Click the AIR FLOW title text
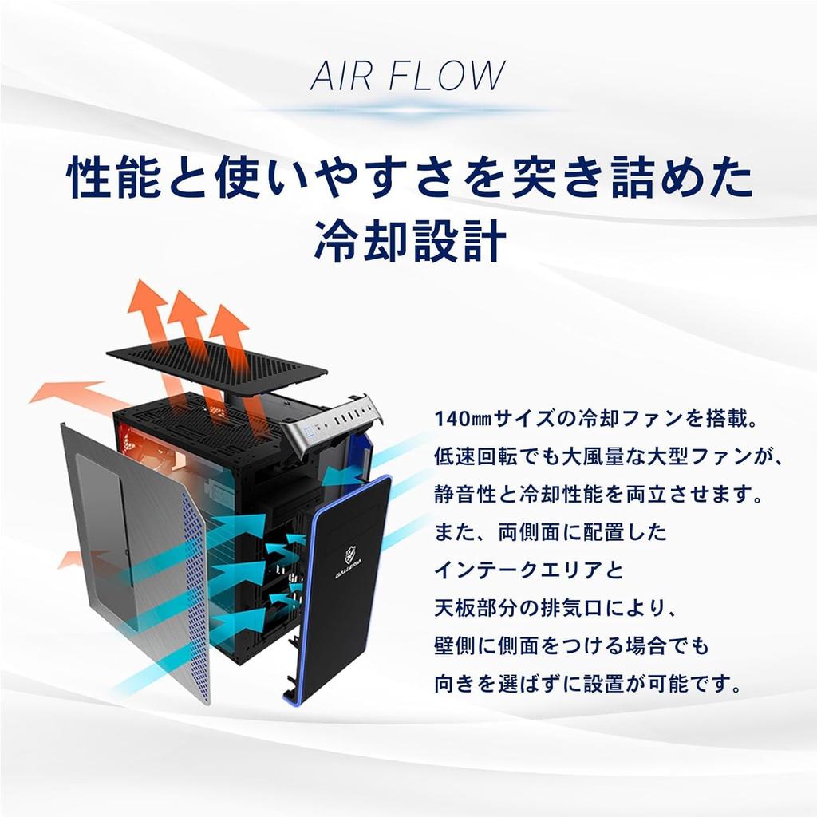(x=408, y=76)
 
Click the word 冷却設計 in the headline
(x=410, y=241)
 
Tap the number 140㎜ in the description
(x=462, y=419)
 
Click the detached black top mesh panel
(x=216, y=364)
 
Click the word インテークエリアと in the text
(x=529, y=570)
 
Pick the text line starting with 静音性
(x=598, y=495)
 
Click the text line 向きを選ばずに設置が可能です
(x=588, y=684)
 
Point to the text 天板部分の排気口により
(x=555, y=609)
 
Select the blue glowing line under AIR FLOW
(x=409, y=111)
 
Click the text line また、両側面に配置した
(x=551, y=532)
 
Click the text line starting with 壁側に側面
(x=572, y=646)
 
